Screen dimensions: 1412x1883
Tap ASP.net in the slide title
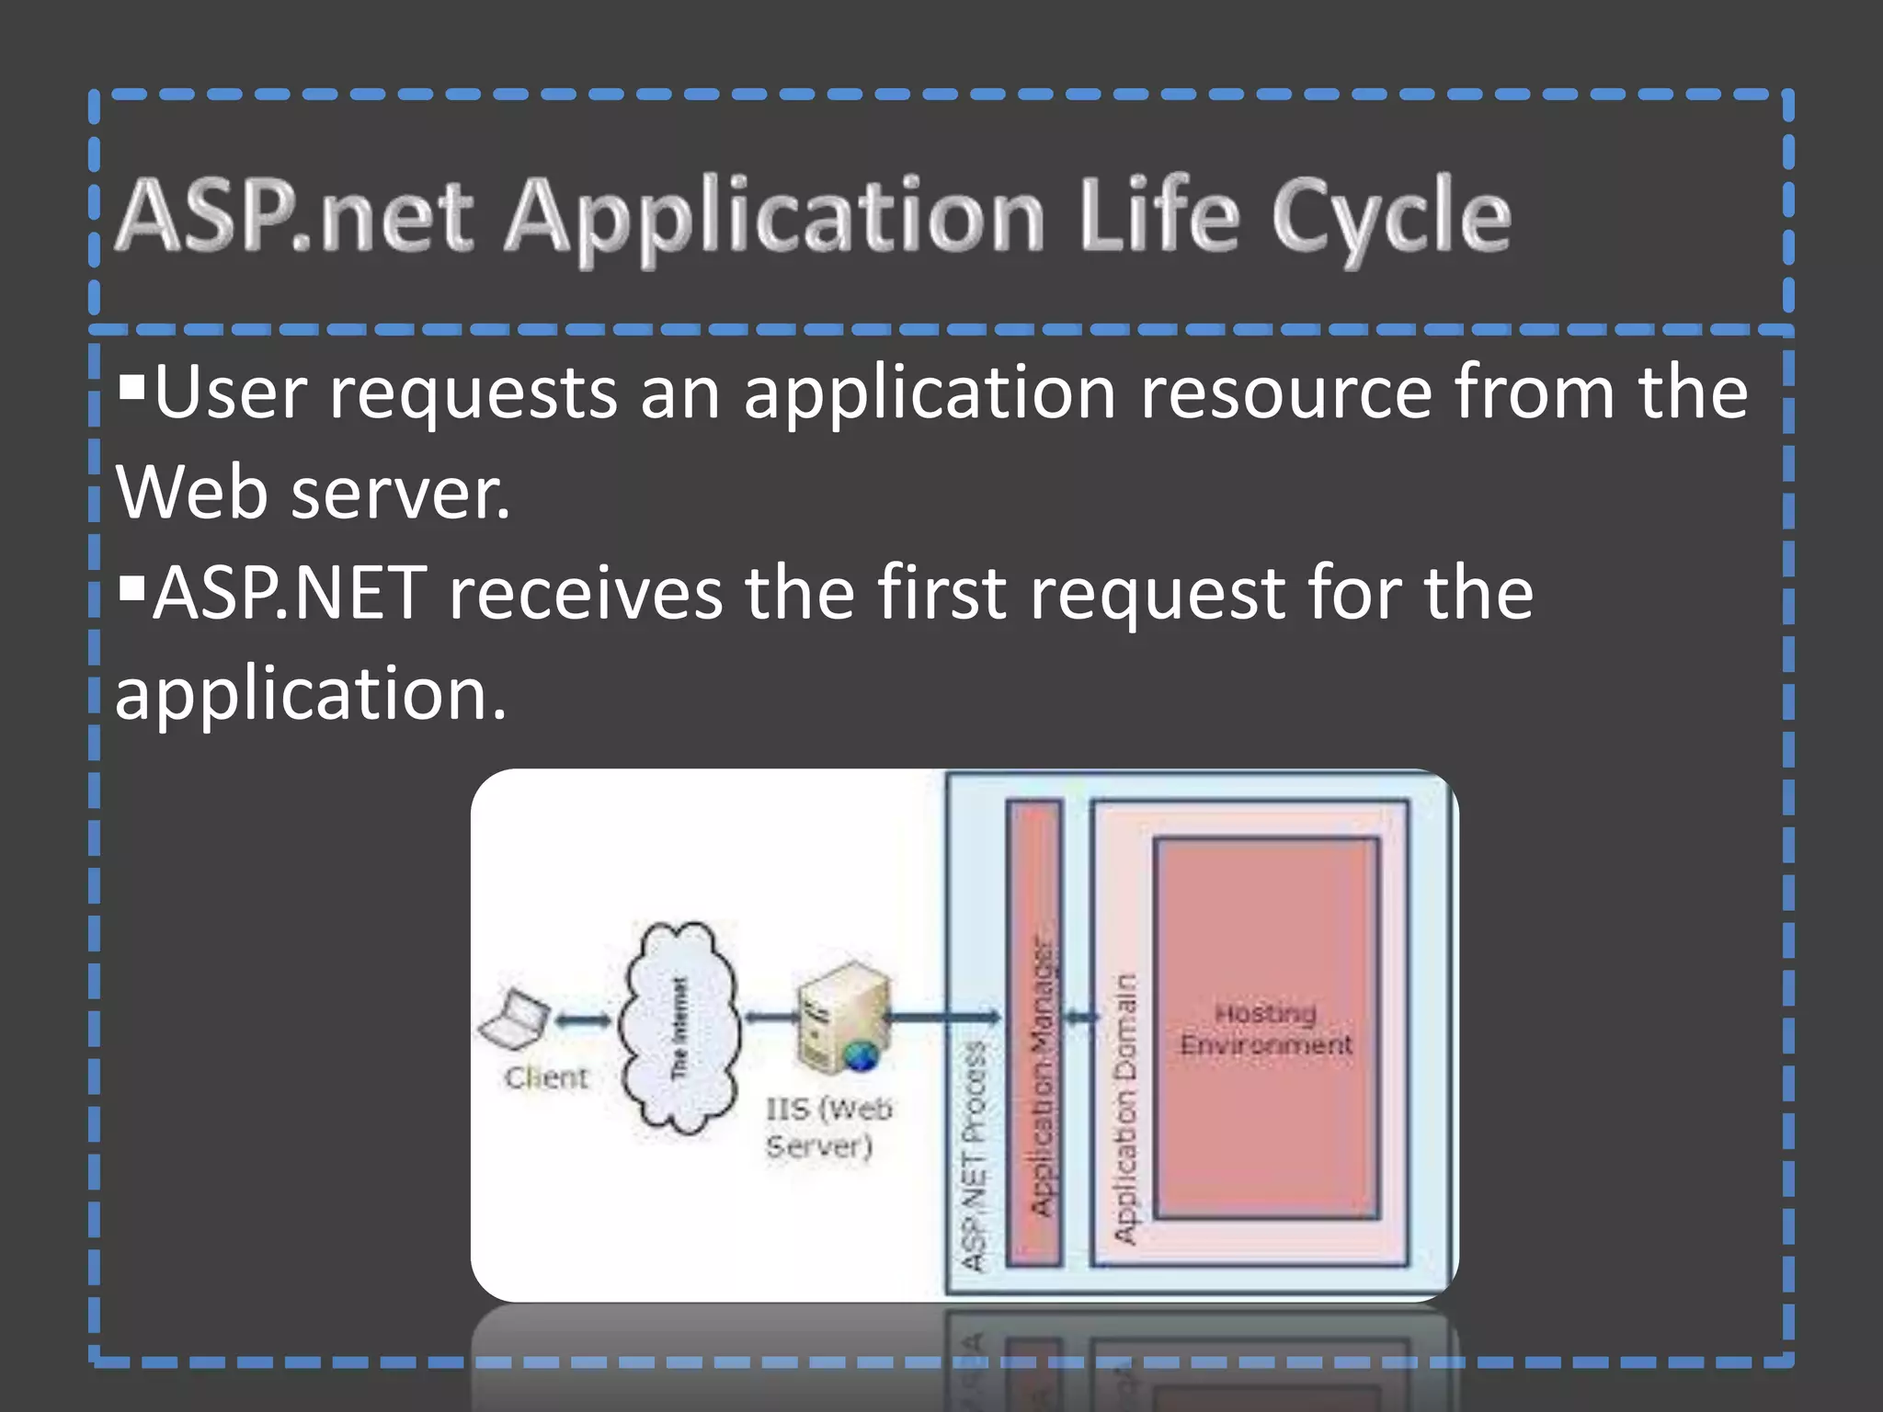click(x=294, y=217)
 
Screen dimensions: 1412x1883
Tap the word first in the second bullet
click(x=941, y=593)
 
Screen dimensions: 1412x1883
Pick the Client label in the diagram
click(x=546, y=1077)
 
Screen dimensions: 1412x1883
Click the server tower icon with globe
click(x=839, y=1017)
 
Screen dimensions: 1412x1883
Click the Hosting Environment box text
click(x=1266, y=1029)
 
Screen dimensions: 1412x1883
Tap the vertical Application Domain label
click(x=1124, y=1108)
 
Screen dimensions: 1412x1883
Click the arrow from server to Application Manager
click(x=943, y=1017)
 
